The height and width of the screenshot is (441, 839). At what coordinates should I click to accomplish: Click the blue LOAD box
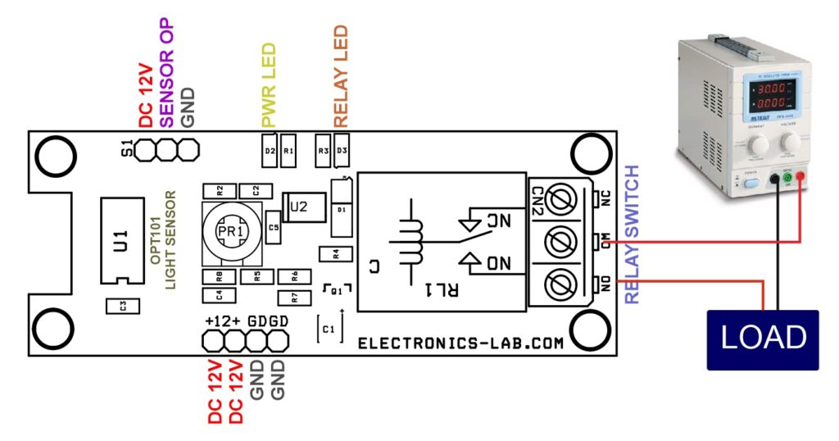[763, 339]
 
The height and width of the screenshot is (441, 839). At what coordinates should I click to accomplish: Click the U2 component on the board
[298, 206]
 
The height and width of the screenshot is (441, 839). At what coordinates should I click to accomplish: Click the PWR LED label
[269, 85]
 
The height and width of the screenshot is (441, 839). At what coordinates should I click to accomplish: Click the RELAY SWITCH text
[632, 234]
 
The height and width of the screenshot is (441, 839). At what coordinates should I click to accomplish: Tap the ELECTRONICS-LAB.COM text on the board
[460, 343]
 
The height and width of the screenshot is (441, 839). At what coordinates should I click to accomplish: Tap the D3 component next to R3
[342, 151]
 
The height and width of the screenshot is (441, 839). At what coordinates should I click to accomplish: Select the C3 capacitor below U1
[123, 306]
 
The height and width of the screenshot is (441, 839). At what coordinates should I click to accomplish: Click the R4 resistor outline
[330, 253]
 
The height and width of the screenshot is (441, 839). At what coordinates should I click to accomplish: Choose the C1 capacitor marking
[329, 328]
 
